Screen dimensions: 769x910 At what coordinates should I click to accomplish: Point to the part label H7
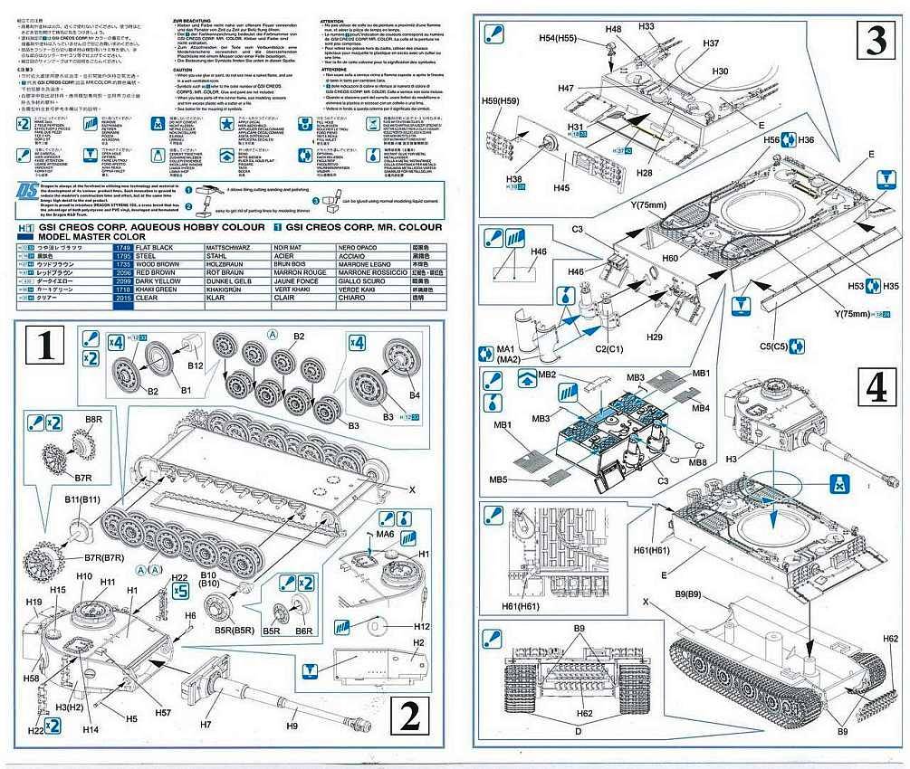click(206, 724)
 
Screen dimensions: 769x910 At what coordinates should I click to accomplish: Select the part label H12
click(421, 626)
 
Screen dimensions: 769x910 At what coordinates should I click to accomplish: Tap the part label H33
click(646, 27)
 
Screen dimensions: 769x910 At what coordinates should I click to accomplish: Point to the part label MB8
click(697, 463)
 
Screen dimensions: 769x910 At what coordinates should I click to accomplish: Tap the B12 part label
click(196, 367)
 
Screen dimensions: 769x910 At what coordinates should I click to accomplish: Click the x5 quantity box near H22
click(178, 591)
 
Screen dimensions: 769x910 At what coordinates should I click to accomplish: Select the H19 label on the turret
click(34, 602)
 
